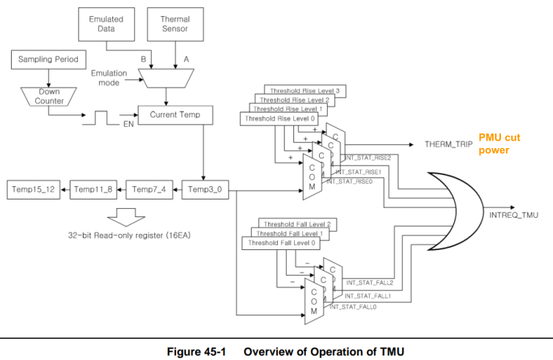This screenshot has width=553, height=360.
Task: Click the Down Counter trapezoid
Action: (49, 97)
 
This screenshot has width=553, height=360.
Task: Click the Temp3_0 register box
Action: (205, 189)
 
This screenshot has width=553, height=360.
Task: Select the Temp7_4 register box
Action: (148, 189)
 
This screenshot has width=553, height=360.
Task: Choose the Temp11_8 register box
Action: (92, 189)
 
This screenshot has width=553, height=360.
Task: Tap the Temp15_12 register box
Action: (34, 189)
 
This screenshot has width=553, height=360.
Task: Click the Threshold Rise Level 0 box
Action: (271, 118)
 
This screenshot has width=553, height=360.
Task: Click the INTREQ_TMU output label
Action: (513, 216)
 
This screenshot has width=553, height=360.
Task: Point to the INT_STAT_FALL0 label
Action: (353, 307)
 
